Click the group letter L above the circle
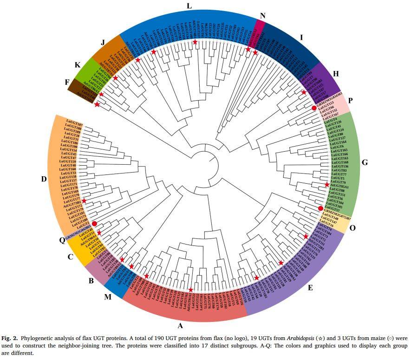click(189, 6)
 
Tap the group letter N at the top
click(262, 15)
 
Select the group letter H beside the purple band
click(336, 73)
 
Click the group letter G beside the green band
click(365, 163)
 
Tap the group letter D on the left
click(43, 179)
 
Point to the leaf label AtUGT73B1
click(72, 204)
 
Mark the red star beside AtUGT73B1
click(84, 201)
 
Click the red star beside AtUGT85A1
click(327, 185)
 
